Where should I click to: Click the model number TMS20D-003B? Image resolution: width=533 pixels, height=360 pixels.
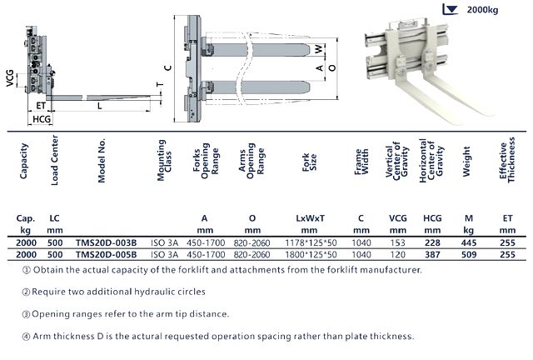[x=106, y=242]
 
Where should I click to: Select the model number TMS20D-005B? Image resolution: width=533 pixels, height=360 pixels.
[x=106, y=254]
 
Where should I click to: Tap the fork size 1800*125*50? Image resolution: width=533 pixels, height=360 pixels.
[x=311, y=254]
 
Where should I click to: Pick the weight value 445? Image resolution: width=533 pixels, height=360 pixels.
[x=469, y=242]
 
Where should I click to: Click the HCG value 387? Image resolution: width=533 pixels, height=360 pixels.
[x=432, y=254]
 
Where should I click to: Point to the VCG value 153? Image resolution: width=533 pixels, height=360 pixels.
[x=398, y=242]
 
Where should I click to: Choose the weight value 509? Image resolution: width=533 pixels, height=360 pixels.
[x=469, y=254]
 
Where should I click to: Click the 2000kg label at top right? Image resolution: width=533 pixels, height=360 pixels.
[x=482, y=9]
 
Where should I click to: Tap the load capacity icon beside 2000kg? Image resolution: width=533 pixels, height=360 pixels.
[x=451, y=9]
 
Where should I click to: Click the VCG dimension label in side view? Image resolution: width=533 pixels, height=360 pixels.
[x=10, y=78]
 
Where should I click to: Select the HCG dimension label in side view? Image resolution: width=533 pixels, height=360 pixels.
[x=42, y=119]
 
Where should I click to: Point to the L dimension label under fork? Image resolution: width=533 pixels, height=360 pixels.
[x=100, y=106]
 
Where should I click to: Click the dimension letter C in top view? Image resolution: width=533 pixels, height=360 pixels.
[x=168, y=67]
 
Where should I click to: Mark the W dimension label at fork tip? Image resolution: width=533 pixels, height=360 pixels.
[x=319, y=49]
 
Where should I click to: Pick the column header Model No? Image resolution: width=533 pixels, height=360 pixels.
[x=102, y=160]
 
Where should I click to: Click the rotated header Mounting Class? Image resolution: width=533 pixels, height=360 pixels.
[x=164, y=160]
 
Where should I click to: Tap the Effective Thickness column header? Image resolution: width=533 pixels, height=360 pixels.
[x=507, y=160]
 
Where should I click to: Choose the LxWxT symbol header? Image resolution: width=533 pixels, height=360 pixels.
[x=310, y=218]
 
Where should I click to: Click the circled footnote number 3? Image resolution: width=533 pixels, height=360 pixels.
[x=26, y=314]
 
